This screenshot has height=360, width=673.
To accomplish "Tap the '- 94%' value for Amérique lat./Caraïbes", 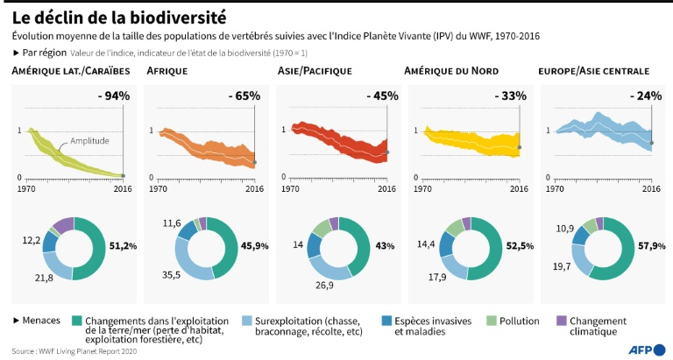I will tap(114, 95).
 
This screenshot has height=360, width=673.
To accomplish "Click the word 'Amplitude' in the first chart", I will tap(90, 141).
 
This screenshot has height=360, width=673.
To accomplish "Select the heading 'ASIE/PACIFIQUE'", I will tap(314, 70).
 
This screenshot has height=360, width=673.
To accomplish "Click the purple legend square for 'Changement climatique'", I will tap(562, 321).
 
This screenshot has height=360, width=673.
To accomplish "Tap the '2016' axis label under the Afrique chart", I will tap(254, 187).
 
